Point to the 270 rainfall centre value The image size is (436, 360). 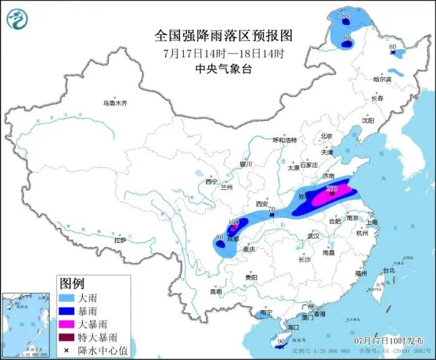click(332, 188)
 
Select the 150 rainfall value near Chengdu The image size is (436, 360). click(234, 222)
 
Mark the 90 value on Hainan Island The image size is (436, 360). click(281, 341)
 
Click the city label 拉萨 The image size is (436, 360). click(120, 239)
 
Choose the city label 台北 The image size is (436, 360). click(389, 270)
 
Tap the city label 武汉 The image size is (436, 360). click(313, 236)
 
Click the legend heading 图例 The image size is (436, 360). click(72, 283)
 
